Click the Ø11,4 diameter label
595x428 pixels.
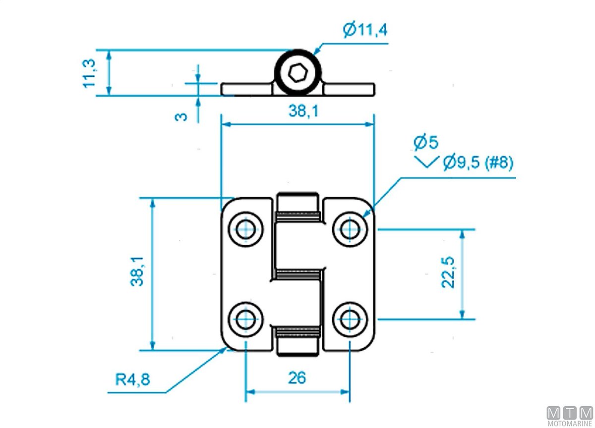click(364, 30)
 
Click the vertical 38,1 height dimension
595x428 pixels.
click(137, 271)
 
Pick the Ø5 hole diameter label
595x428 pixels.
click(426, 143)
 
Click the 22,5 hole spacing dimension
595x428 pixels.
click(449, 272)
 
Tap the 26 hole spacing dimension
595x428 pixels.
click(297, 378)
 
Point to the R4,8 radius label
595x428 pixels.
click(132, 379)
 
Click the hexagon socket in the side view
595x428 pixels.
click(297, 74)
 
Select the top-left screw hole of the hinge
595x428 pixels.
click(245, 229)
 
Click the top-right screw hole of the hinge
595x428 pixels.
click(351, 229)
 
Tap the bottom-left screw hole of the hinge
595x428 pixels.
click(245, 319)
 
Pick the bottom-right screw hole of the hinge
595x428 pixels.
click(351, 319)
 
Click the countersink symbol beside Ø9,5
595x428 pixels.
click(426, 161)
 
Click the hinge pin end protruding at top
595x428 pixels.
click(297, 201)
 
